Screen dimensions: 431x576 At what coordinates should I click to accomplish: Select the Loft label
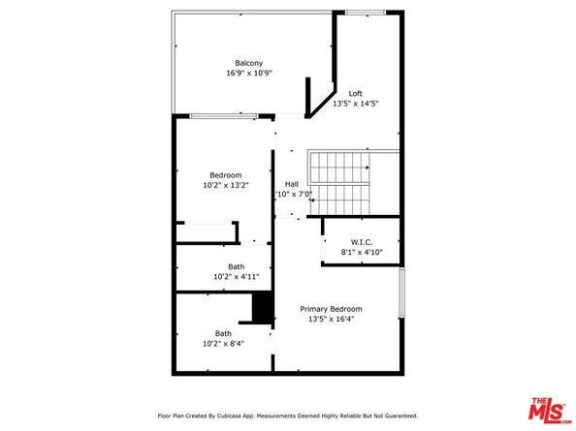tap(356, 93)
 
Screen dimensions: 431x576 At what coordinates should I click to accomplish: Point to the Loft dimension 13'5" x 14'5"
tap(356, 104)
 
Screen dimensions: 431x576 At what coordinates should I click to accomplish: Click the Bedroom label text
tap(226, 175)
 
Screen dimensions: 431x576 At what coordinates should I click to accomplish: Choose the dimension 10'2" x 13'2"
tap(226, 185)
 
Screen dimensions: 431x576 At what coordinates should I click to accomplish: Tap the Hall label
tap(291, 184)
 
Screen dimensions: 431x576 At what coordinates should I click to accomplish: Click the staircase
tap(340, 182)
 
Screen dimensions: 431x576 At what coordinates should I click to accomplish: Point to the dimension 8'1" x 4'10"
tap(362, 253)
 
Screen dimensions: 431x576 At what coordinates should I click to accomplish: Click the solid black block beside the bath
tap(262, 307)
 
